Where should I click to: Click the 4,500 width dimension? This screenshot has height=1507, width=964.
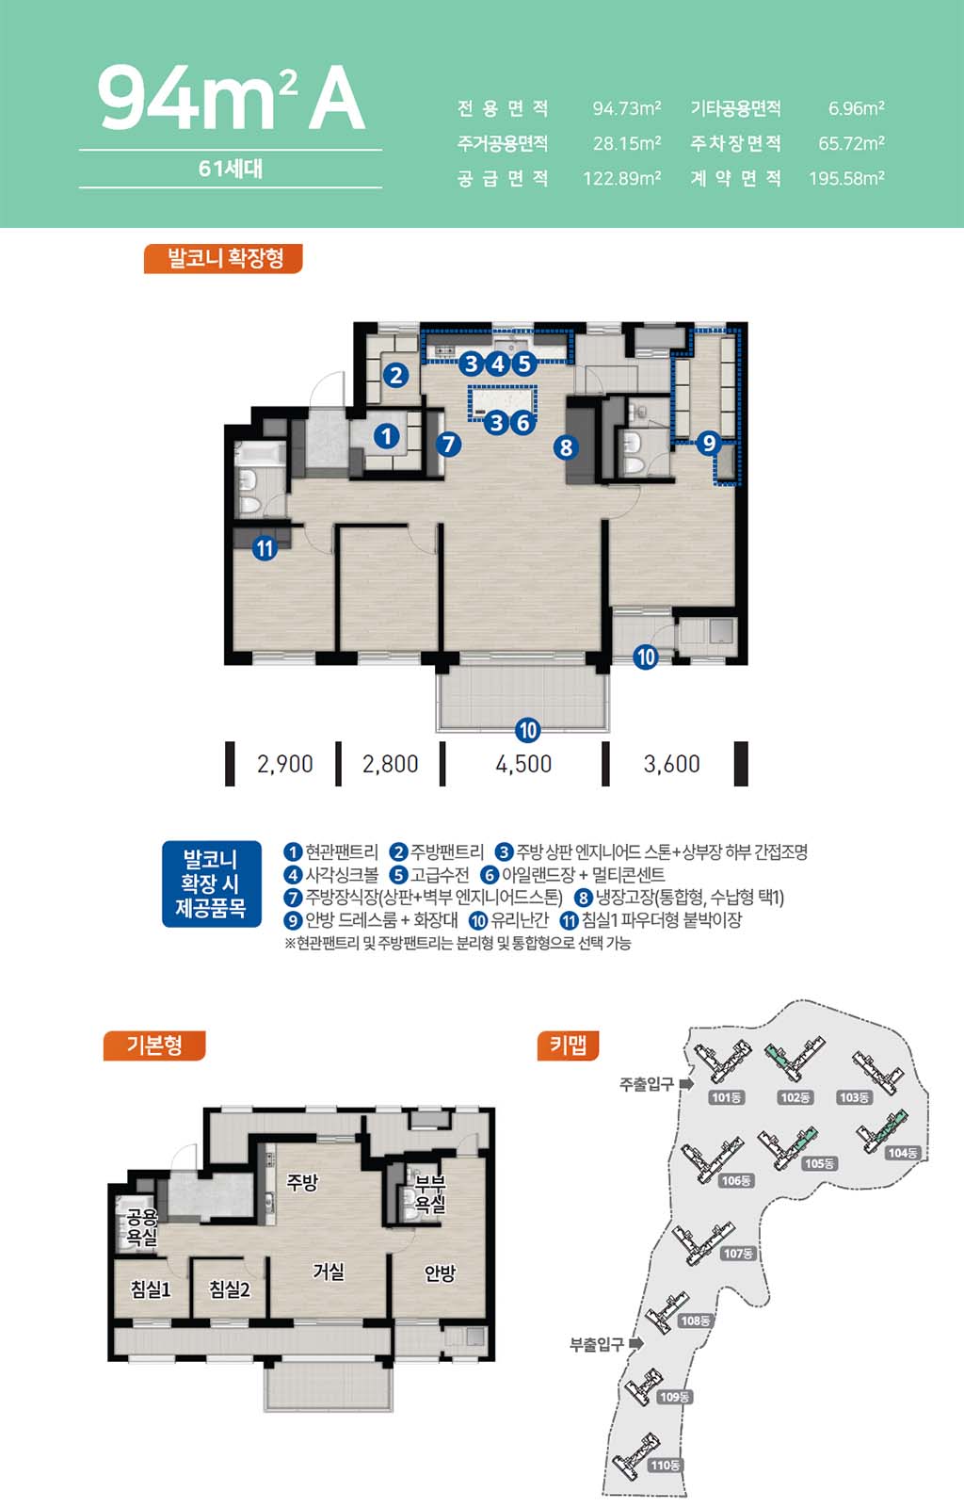coord(523,764)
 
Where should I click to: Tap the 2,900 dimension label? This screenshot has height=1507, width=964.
coord(285,764)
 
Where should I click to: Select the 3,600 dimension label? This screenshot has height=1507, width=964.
coord(671,764)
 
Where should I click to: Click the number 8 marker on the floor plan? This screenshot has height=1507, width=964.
coord(566,447)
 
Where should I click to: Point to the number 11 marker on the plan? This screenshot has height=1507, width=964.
coord(265,548)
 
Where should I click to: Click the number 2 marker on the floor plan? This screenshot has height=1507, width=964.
coord(396,375)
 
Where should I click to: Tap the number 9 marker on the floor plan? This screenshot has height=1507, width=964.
coord(708,444)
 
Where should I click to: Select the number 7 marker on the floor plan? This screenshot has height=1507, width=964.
coord(448,444)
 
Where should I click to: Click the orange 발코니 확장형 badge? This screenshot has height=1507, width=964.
coord(223,258)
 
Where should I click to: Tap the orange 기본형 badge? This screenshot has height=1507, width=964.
coord(154,1045)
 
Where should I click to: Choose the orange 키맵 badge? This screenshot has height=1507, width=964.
coord(568,1045)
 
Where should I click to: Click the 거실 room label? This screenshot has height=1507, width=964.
coord(329,1271)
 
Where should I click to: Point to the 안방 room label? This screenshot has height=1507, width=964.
coord(441,1272)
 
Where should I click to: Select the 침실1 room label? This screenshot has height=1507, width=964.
coord(151,1289)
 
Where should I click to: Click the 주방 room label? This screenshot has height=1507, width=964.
coord(302,1182)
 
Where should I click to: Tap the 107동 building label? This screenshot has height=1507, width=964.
coord(738,1254)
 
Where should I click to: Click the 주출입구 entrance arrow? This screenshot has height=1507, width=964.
coord(686,1084)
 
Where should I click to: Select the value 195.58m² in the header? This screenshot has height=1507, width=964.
coord(846,178)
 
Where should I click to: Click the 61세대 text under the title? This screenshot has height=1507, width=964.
coord(231,169)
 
